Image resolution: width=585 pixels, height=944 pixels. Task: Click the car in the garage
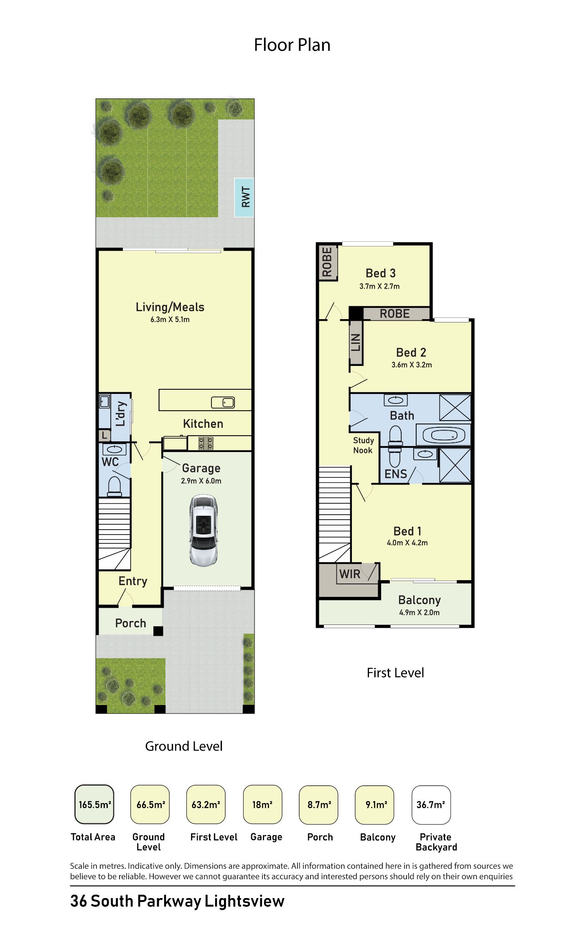[203, 530]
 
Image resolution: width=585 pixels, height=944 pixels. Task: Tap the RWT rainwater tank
[244, 197]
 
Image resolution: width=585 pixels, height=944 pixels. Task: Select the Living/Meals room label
[170, 307]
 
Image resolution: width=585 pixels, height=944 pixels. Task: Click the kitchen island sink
[223, 402]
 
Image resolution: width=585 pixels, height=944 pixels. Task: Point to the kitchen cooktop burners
[206, 443]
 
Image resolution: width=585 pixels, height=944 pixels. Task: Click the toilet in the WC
[114, 486]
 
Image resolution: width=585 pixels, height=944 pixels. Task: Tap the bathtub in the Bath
[444, 435]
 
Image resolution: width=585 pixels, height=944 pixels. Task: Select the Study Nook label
[363, 445]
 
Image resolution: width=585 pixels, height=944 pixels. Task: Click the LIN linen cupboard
[356, 342]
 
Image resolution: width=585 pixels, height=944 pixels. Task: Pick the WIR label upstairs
[350, 574]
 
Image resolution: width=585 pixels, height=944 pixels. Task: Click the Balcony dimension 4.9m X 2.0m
[419, 612]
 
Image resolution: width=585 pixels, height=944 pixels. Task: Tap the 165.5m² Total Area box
[94, 804]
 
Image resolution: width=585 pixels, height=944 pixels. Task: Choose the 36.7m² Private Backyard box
[431, 804]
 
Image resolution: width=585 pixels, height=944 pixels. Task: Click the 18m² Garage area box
[262, 804]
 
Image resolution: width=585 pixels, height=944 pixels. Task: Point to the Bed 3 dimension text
[379, 286]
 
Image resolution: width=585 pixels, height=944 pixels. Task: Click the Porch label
[130, 623]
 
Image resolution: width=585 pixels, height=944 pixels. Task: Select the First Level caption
[395, 672]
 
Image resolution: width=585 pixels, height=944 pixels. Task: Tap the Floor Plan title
[292, 45]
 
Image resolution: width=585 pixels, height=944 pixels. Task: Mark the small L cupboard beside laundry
[104, 436]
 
